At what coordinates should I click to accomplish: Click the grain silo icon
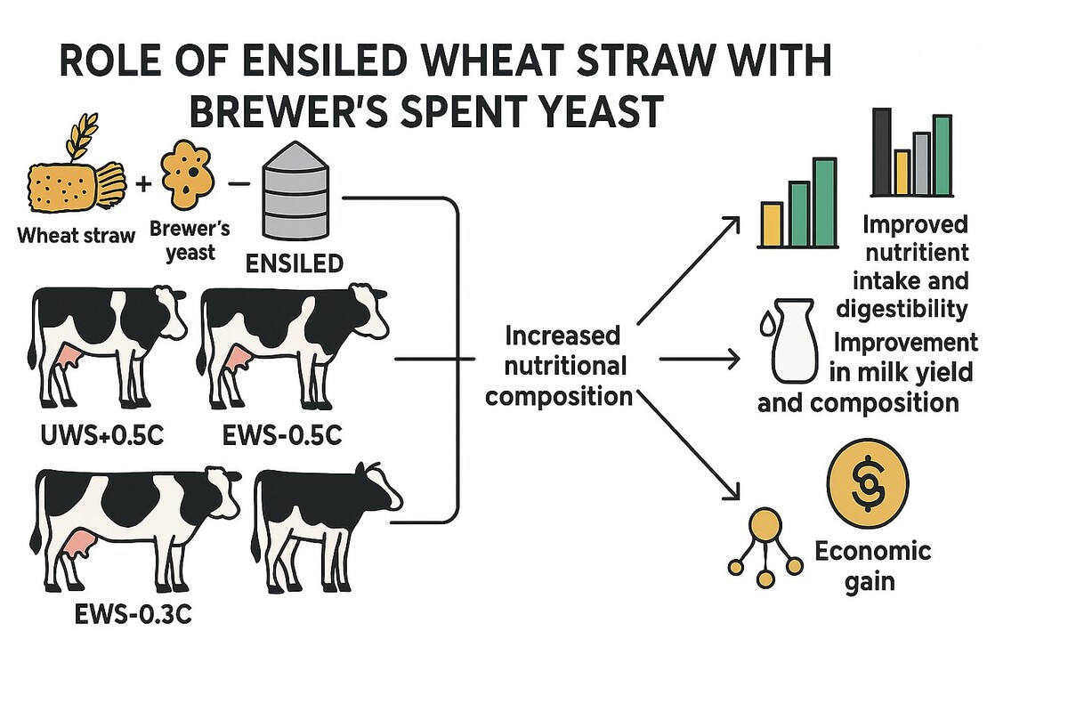point(295,190)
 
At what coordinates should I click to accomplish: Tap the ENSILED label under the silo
point(295,263)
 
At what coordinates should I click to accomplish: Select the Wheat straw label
point(77,236)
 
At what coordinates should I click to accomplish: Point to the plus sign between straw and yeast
point(143,184)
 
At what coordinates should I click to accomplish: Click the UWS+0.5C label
point(102,435)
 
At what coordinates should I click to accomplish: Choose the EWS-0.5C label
point(282,435)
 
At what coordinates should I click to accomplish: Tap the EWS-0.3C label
point(133,614)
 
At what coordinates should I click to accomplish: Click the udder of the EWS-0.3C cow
point(77,543)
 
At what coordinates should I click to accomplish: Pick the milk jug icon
point(793,341)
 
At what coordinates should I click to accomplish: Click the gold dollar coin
point(868,484)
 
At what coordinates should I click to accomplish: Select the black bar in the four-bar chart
point(881,151)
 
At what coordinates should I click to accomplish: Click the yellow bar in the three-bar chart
point(772,223)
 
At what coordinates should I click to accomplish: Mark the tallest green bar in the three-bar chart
point(824,202)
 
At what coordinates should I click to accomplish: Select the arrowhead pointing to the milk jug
point(733,359)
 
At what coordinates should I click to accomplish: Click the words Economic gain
point(872,566)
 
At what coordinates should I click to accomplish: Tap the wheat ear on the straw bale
point(82,135)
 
